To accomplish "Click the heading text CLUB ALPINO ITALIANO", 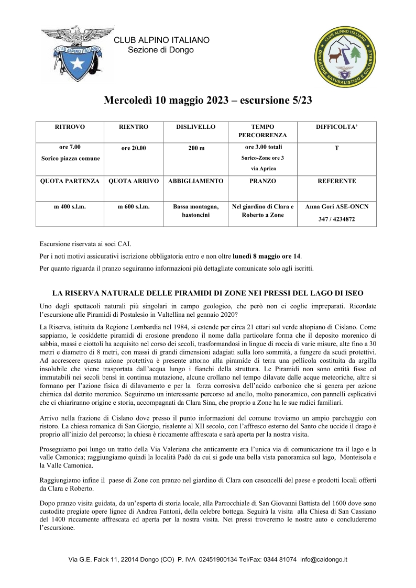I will [x=161, y=40].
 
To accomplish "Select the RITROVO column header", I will [x=70, y=127].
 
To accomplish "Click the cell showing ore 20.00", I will [x=134, y=148].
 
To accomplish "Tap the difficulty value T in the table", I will [x=336, y=148].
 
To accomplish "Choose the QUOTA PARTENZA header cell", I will [x=70, y=181].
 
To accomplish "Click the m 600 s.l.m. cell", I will [x=134, y=207].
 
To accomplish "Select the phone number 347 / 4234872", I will [x=336, y=219].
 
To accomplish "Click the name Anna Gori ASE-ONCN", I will [x=336, y=207].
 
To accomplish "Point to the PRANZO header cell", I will [x=263, y=181].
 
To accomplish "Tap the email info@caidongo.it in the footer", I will [x=323, y=560].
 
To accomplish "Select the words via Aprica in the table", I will [x=263, y=169].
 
